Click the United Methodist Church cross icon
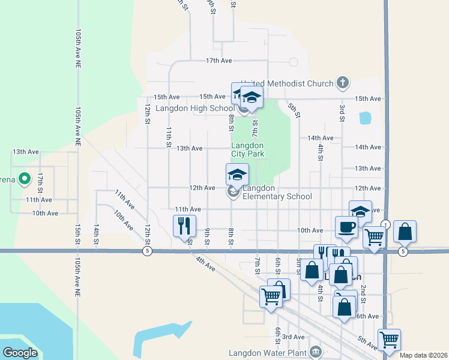pyautogui.click(x=343, y=82)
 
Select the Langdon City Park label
pyautogui.click(x=247, y=149)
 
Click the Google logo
pyautogui.click(x=20, y=352)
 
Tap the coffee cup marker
pyautogui.click(x=346, y=227)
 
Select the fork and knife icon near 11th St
pyautogui.click(x=184, y=226)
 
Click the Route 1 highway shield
pyautogui.click(x=385, y=224)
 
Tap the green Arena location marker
pyautogui.click(x=24, y=178)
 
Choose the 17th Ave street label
pyautogui.click(x=218, y=61)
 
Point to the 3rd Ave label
pyautogui.click(x=294, y=337)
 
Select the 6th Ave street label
pyautogui.click(x=367, y=316)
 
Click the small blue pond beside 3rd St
pyautogui.click(x=365, y=118)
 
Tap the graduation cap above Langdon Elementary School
pyautogui.click(x=237, y=175)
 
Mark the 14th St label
pyautogui.click(x=96, y=235)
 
